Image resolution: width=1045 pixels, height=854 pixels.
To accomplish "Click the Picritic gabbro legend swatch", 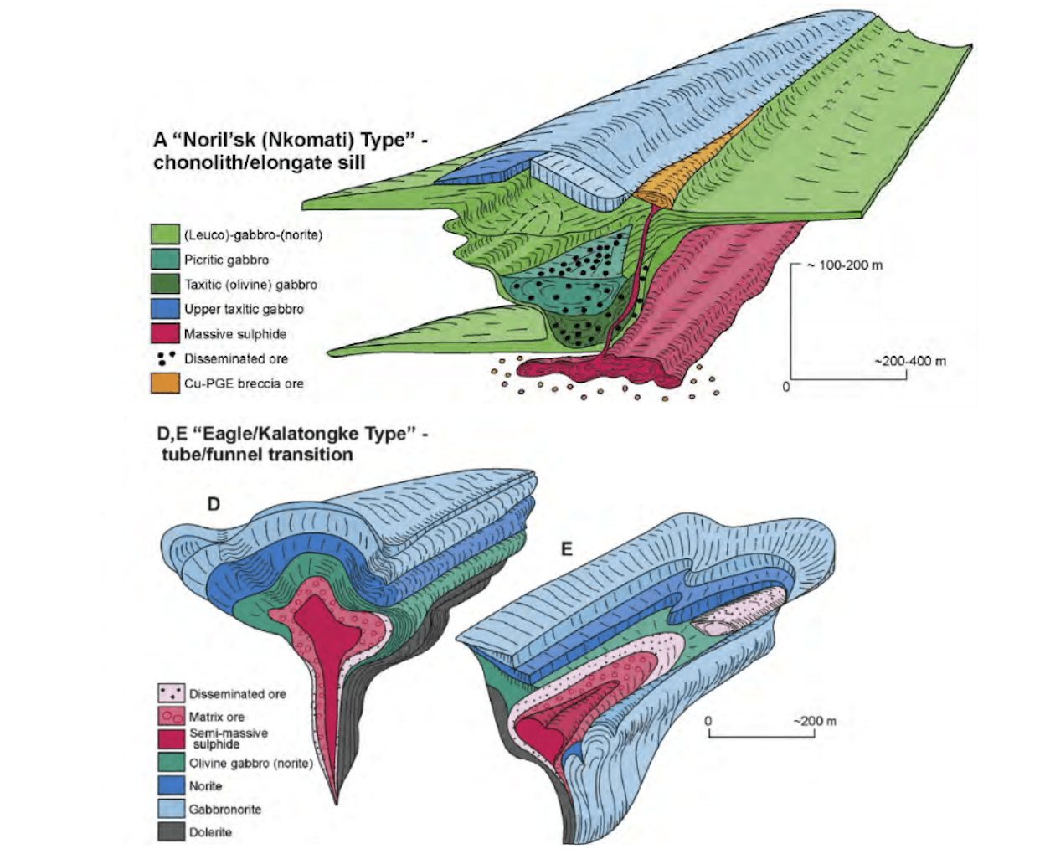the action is [165, 259].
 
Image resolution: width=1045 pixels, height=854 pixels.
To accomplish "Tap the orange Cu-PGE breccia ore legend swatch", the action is [165, 383].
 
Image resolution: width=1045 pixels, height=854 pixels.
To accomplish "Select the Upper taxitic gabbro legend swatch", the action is [165, 309].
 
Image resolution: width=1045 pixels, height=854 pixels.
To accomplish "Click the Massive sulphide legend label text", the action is [234, 334].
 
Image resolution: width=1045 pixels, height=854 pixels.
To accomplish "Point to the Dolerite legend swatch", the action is [172, 831].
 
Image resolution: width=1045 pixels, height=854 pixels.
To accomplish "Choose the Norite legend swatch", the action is [172, 785].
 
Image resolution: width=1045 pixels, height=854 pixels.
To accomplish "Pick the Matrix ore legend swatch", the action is [172, 716].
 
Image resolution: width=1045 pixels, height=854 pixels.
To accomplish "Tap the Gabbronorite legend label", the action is [225, 809].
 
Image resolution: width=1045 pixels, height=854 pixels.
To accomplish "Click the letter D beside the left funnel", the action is [214, 505].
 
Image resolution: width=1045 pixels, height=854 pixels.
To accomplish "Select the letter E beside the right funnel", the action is [566, 549].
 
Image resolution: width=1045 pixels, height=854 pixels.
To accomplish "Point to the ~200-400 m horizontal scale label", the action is [909, 361].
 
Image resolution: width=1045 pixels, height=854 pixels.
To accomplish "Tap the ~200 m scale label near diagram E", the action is [815, 720].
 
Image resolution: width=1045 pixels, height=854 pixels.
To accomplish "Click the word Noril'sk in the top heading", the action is [218, 140].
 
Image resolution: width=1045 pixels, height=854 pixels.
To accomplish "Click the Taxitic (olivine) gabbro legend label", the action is [250, 285].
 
